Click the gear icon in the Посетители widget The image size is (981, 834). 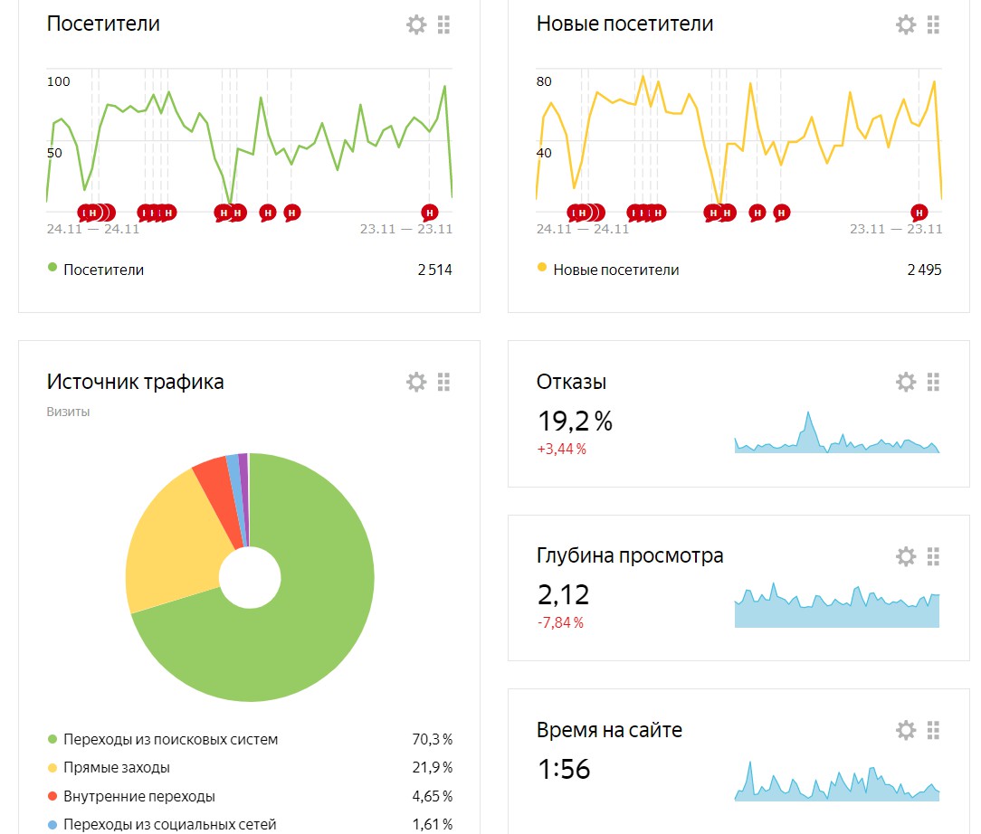(416, 25)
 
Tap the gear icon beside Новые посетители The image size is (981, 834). (906, 25)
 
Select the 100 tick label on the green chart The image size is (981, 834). (58, 81)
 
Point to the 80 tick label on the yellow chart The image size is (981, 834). (544, 81)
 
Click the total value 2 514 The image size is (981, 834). (434, 270)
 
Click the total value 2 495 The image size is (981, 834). (924, 270)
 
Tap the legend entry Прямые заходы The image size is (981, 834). (117, 767)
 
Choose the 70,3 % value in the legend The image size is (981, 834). (433, 739)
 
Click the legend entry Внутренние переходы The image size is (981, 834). (138, 796)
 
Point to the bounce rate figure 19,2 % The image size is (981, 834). (575, 421)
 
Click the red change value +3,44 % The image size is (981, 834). (561, 449)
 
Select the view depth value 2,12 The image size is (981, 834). (563, 594)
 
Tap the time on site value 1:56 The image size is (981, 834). (564, 769)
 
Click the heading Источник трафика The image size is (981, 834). (135, 382)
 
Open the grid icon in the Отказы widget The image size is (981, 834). (933, 382)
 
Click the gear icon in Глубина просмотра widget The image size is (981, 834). (906, 555)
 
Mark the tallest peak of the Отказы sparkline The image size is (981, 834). (808, 412)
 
